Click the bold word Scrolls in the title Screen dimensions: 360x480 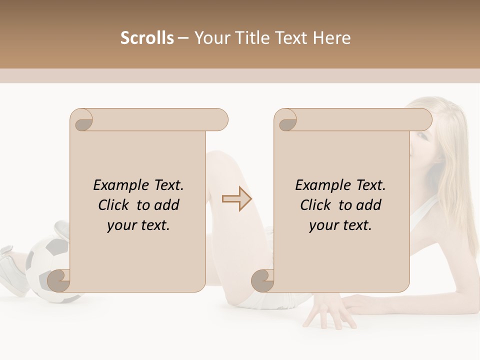pyautogui.click(x=147, y=38)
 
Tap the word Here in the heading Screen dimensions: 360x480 pyautogui.click(x=331, y=38)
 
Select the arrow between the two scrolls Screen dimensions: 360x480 pyautogui.click(x=236, y=199)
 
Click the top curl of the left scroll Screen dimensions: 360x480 pyautogui.click(x=81, y=120)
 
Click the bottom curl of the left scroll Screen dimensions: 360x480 pyautogui.click(x=59, y=280)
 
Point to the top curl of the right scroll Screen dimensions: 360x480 pyautogui.click(x=286, y=120)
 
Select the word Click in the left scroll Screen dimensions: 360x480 pyautogui.click(x=113, y=205)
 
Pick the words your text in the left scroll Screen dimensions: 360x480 pyautogui.click(x=138, y=225)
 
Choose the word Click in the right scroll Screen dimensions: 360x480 pyautogui.click(x=315, y=205)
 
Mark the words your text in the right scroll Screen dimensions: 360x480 pyautogui.click(x=340, y=225)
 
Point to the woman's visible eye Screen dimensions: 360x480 pyautogui.click(x=423, y=136)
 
